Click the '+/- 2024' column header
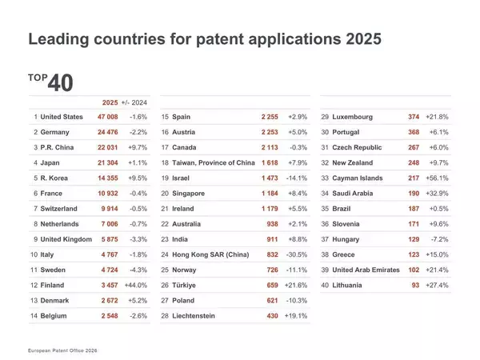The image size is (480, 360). (135, 102)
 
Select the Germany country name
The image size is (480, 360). (58, 133)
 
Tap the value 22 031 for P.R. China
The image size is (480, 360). (113, 148)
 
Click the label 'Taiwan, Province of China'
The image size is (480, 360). (213, 163)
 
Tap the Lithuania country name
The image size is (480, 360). (351, 286)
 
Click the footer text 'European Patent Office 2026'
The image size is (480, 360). (64, 350)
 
